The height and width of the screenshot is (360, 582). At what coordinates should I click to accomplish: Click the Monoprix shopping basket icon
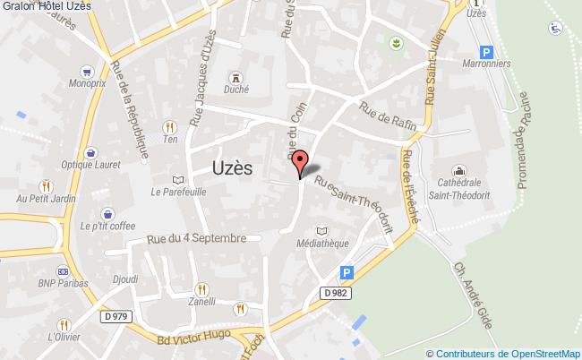[x=87, y=71]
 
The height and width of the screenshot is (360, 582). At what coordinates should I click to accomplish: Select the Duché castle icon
[x=235, y=77]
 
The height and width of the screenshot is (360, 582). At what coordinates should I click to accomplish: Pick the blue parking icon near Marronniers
[x=486, y=53]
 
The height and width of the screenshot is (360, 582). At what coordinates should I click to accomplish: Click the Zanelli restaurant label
[x=201, y=304]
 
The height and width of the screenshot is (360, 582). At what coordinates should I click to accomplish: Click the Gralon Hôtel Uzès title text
[x=46, y=7]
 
